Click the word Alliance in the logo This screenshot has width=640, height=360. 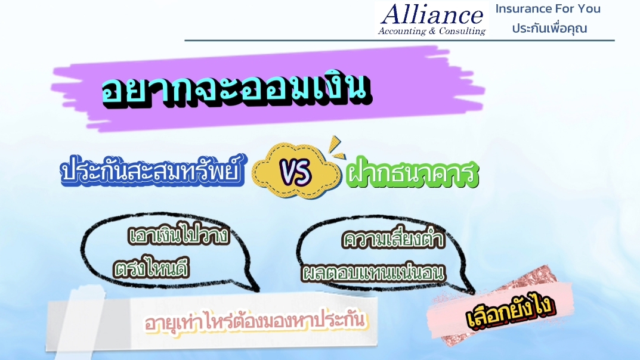pos(432,14)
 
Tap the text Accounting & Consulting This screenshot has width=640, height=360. pos(432,31)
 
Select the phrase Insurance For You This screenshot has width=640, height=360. pos(548,8)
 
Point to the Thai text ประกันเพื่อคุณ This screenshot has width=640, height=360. pos(549,28)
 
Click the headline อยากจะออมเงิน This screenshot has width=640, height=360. pos(237,89)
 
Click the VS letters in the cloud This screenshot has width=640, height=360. pos(296,172)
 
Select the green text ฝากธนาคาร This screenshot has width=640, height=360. pos(412,173)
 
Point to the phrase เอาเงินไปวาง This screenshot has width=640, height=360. pos(179,235)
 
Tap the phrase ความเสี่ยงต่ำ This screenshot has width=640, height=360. pos(393,238)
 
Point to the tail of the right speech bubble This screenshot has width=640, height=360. pos(465,287)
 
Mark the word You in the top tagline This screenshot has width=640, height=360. pos(589,8)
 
